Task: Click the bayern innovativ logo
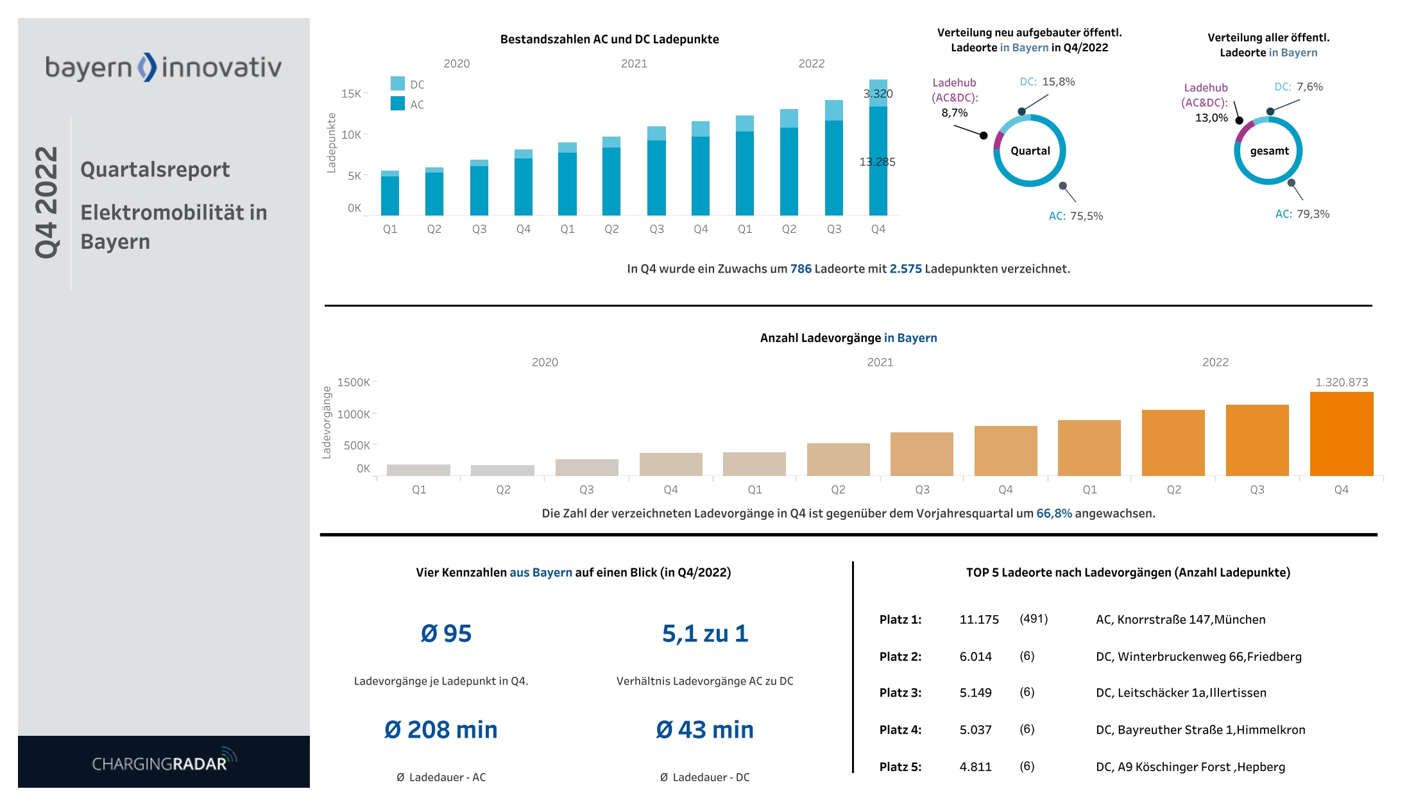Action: click(x=163, y=67)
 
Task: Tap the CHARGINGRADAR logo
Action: click(x=164, y=761)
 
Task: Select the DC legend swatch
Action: click(x=397, y=84)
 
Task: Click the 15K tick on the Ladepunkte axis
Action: click(x=351, y=94)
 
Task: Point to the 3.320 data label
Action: click(x=878, y=94)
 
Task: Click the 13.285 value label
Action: click(x=876, y=162)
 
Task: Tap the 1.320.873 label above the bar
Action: click(x=1341, y=382)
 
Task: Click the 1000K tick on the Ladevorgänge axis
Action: click(x=354, y=414)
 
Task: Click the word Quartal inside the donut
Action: click(x=1030, y=151)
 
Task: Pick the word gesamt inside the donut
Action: click(x=1268, y=151)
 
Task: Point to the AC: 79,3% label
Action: click(x=1302, y=214)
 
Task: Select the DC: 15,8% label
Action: click(x=1047, y=82)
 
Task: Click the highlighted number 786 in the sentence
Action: click(x=800, y=269)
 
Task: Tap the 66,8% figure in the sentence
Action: click(x=1053, y=513)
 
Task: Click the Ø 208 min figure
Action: click(x=441, y=729)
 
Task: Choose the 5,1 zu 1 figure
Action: click(x=704, y=634)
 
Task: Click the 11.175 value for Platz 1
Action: click(x=978, y=620)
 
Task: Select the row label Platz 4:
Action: click(x=900, y=730)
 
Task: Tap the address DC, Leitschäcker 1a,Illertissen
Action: click(x=1181, y=693)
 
